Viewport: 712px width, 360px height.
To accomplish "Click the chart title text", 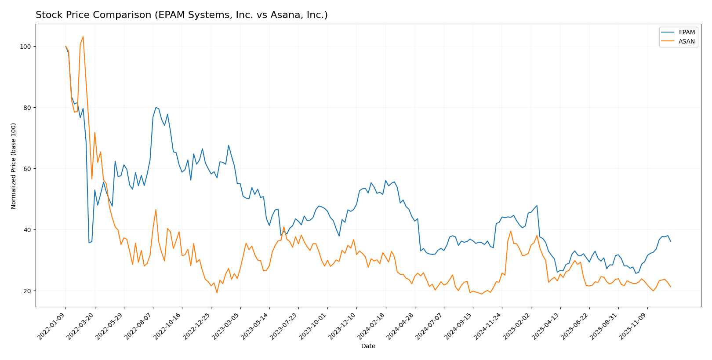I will click(182, 15).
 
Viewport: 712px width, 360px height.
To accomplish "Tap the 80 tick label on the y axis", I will click(27, 108).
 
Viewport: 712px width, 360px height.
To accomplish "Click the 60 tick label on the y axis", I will click(27, 169).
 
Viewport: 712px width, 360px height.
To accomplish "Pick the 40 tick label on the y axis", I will click(27, 230).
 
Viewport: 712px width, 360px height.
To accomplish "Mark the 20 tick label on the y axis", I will click(27, 291).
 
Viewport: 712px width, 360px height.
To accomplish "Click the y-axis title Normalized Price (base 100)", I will click(14, 166).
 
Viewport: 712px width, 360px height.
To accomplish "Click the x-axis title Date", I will click(368, 346).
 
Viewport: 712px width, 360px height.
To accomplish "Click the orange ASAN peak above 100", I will click(83, 37).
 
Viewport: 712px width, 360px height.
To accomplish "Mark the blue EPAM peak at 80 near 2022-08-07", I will click(156, 107).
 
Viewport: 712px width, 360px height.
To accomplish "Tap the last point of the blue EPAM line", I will click(671, 241).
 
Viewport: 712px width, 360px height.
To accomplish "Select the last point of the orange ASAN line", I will click(671, 287).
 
